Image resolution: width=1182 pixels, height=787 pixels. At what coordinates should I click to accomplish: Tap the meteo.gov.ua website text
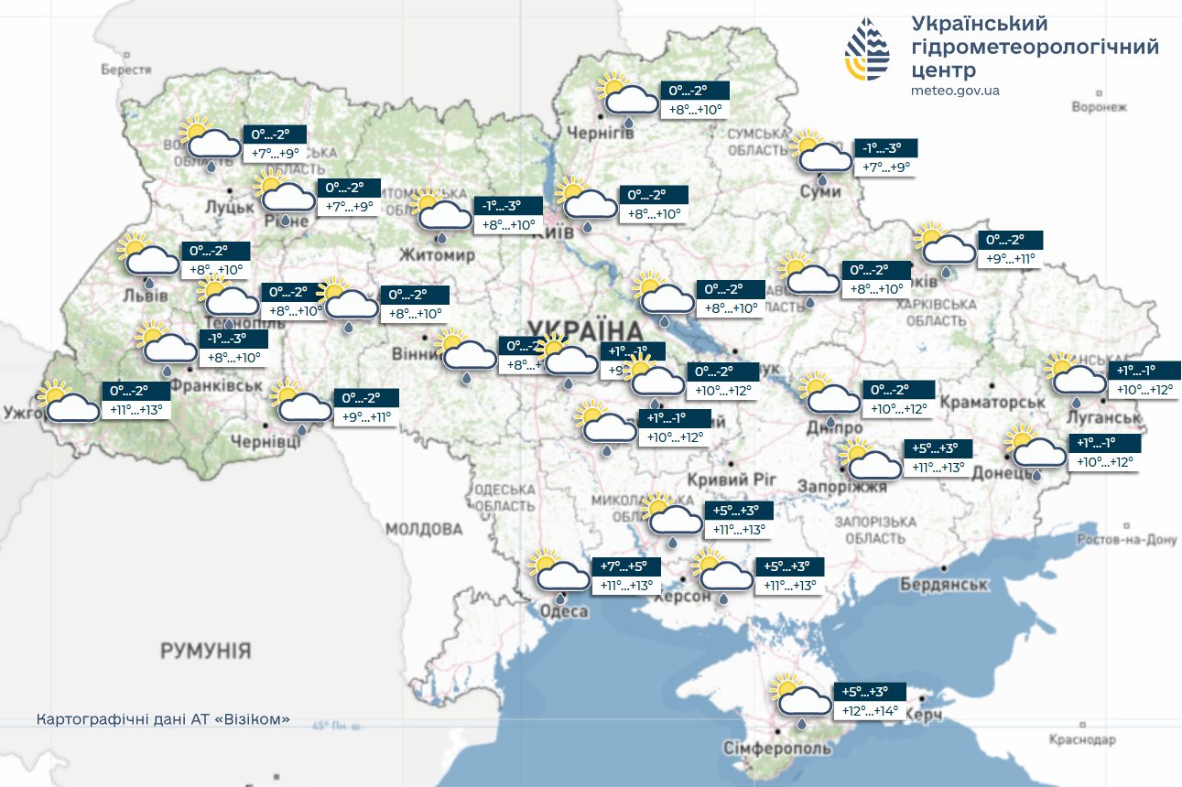pos(955,91)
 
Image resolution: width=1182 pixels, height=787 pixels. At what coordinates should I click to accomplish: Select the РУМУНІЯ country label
pos(205,652)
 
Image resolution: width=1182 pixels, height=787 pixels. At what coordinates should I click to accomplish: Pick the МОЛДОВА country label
pos(424,529)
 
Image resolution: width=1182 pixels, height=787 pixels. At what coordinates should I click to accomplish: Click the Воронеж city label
pos(1099,107)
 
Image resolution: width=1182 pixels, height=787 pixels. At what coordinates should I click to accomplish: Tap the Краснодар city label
pos(1083,738)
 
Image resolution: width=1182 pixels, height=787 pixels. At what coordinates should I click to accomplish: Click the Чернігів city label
pos(625,135)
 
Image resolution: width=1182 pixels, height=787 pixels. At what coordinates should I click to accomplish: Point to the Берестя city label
pos(125,70)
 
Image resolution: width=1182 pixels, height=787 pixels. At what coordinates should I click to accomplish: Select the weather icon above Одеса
pos(558,572)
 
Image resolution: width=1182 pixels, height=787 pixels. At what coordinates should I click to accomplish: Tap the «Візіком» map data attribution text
pos(163,719)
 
